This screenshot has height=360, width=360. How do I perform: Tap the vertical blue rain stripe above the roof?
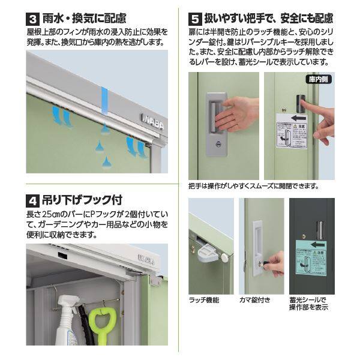pos(104,102)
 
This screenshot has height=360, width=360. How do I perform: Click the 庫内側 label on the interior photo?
pos(320,80)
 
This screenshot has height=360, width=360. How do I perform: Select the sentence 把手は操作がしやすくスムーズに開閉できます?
pos(253,185)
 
